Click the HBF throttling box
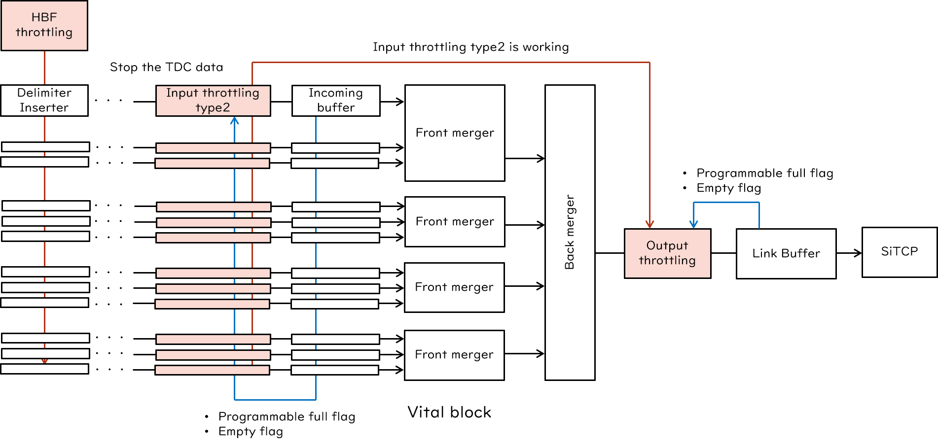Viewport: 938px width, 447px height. click(x=44, y=25)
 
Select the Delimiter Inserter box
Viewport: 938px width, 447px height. click(x=44, y=101)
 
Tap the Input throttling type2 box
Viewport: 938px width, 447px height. click(x=213, y=101)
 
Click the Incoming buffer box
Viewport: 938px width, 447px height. click(x=336, y=101)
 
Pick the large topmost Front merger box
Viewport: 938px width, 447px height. click(x=455, y=133)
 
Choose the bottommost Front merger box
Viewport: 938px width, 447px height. click(x=454, y=355)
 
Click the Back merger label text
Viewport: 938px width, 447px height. click(x=570, y=232)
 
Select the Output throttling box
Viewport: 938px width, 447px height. click(x=667, y=253)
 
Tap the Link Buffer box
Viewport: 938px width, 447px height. click(x=786, y=253)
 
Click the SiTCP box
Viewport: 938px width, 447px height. click(x=900, y=252)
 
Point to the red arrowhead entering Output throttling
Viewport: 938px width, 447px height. click(x=649, y=225)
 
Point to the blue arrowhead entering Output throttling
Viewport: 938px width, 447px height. click(x=693, y=224)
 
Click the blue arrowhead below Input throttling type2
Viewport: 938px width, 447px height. click(x=235, y=121)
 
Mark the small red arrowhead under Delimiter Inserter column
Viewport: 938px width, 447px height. click(x=44, y=362)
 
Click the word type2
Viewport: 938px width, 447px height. click(x=213, y=108)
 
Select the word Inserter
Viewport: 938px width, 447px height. click(x=44, y=108)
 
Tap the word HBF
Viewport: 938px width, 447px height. click(x=44, y=17)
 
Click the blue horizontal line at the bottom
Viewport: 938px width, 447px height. click(x=275, y=400)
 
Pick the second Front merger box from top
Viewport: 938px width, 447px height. click(x=455, y=222)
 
